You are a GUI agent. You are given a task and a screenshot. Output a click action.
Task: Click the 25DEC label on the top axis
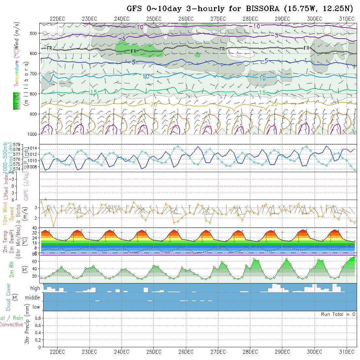[x=154, y=19]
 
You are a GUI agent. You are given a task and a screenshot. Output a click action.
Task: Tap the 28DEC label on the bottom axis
[x=250, y=352]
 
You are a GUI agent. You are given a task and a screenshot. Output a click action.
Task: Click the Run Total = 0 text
[x=338, y=314]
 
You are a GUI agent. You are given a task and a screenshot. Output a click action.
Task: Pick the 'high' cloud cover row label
[x=35, y=288]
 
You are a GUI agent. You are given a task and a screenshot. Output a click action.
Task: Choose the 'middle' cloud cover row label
[x=32, y=297]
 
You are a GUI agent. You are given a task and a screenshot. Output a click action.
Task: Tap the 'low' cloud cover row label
[x=36, y=307]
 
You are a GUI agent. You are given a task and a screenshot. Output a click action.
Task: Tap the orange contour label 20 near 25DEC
[x=154, y=104]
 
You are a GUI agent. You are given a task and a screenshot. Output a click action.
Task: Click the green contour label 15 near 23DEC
[x=93, y=93]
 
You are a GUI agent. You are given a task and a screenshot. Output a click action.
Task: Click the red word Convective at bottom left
[x=11, y=325]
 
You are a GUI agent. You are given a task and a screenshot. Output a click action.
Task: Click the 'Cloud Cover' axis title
[x=9, y=297]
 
